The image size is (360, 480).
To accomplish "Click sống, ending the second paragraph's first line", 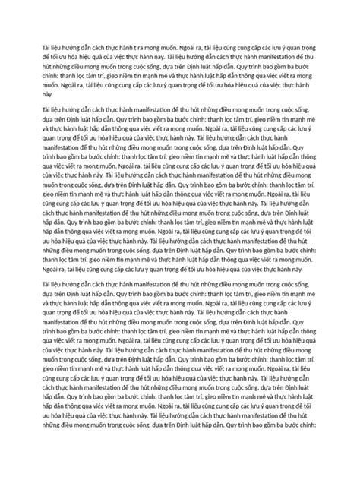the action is (x=302, y=120).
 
